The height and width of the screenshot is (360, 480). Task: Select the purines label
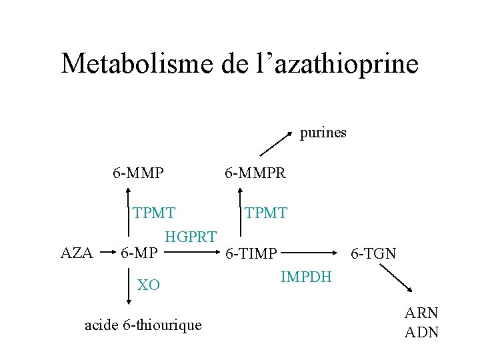click(x=323, y=132)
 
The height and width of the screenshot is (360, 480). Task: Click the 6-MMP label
click(x=138, y=173)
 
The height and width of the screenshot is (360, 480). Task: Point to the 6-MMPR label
click(x=255, y=173)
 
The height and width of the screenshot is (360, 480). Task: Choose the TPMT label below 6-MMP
click(x=154, y=213)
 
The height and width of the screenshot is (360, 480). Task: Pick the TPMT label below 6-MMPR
click(x=265, y=213)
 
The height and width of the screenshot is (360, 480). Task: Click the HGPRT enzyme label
click(x=191, y=236)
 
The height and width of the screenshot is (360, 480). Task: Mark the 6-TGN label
click(x=373, y=254)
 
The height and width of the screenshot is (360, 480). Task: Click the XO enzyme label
click(x=148, y=285)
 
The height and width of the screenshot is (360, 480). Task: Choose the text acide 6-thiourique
click(x=143, y=325)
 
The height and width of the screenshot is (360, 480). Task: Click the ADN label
click(x=421, y=332)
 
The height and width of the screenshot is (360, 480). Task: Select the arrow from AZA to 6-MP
click(x=108, y=253)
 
